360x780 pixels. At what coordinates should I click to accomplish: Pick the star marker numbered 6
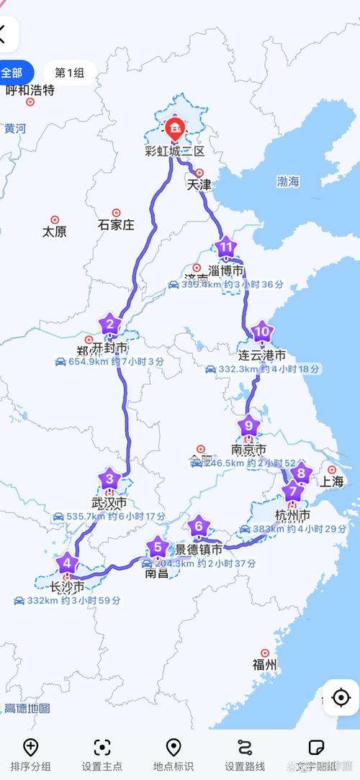[x=199, y=526]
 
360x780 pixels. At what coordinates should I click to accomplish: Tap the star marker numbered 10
[x=263, y=332]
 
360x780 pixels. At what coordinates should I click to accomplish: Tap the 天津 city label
[x=199, y=185]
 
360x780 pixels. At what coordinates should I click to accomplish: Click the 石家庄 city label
[x=116, y=225]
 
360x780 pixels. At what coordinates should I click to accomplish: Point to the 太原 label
[x=55, y=232]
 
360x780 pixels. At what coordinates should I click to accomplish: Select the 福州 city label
[x=264, y=664]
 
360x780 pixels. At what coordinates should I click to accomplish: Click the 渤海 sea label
[x=288, y=182]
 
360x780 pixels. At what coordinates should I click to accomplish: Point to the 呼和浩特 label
[x=30, y=90]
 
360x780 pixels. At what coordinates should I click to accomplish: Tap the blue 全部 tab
[x=13, y=73]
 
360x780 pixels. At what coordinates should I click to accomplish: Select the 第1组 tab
[x=69, y=73]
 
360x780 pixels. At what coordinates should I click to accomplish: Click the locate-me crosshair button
[x=341, y=697]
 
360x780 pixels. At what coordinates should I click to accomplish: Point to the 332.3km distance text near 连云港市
[x=238, y=369]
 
